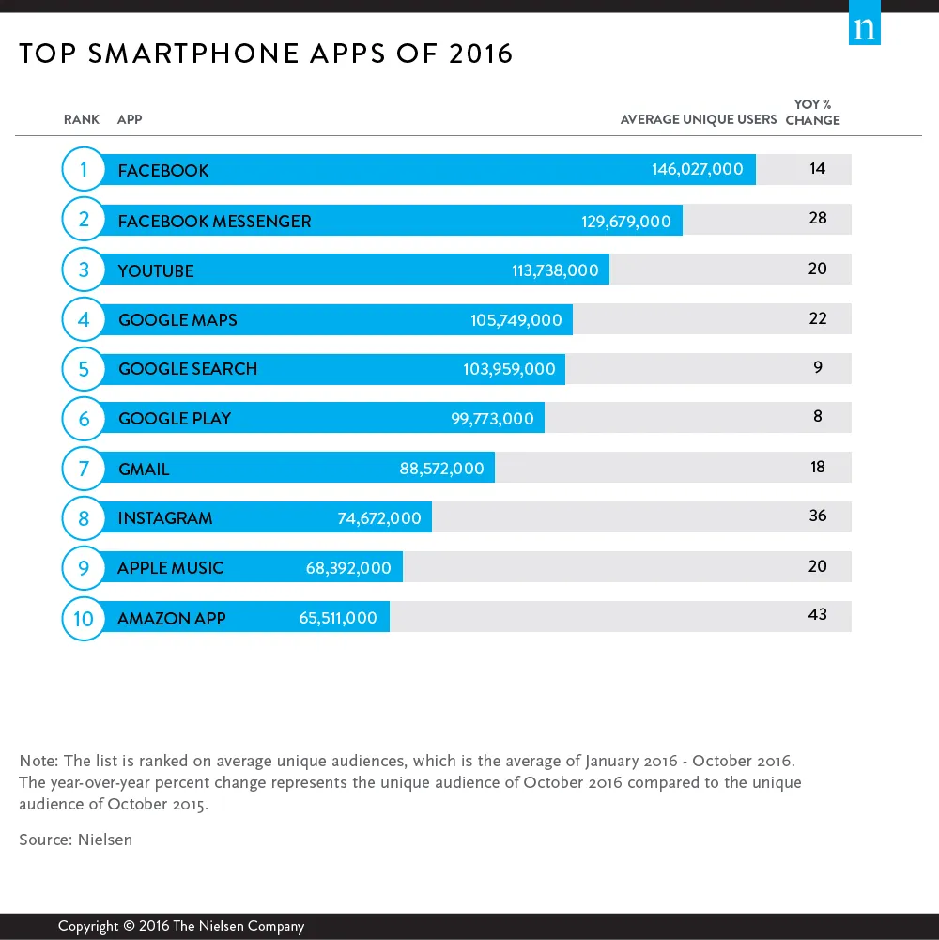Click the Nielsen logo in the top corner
[865, 28]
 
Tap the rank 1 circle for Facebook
[84, 170]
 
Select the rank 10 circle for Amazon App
[84, 619]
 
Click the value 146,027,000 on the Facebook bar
[697, 170]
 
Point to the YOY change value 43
[817, 614]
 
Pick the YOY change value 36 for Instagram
[817, 516]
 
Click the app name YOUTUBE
[156, 271]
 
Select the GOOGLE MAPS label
[177, 320]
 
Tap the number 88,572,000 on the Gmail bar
[441, 469]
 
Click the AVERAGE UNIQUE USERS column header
[699, 120]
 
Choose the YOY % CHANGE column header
[812, 113]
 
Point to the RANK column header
[82, 120]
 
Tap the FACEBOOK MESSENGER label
[214, 222]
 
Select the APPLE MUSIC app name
[171, 568]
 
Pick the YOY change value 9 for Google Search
[817, 367]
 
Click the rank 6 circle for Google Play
[84, 419]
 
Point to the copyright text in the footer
[181, 926]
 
